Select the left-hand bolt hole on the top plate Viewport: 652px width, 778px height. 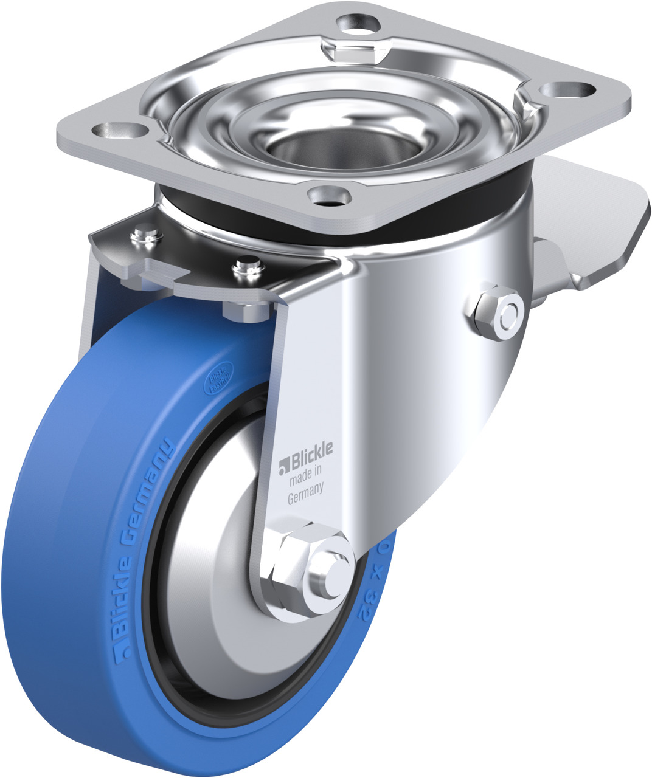pyautogui.click(x=120, y=129)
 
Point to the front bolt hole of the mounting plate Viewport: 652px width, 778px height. pyautogui.click(x=329, y=195)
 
